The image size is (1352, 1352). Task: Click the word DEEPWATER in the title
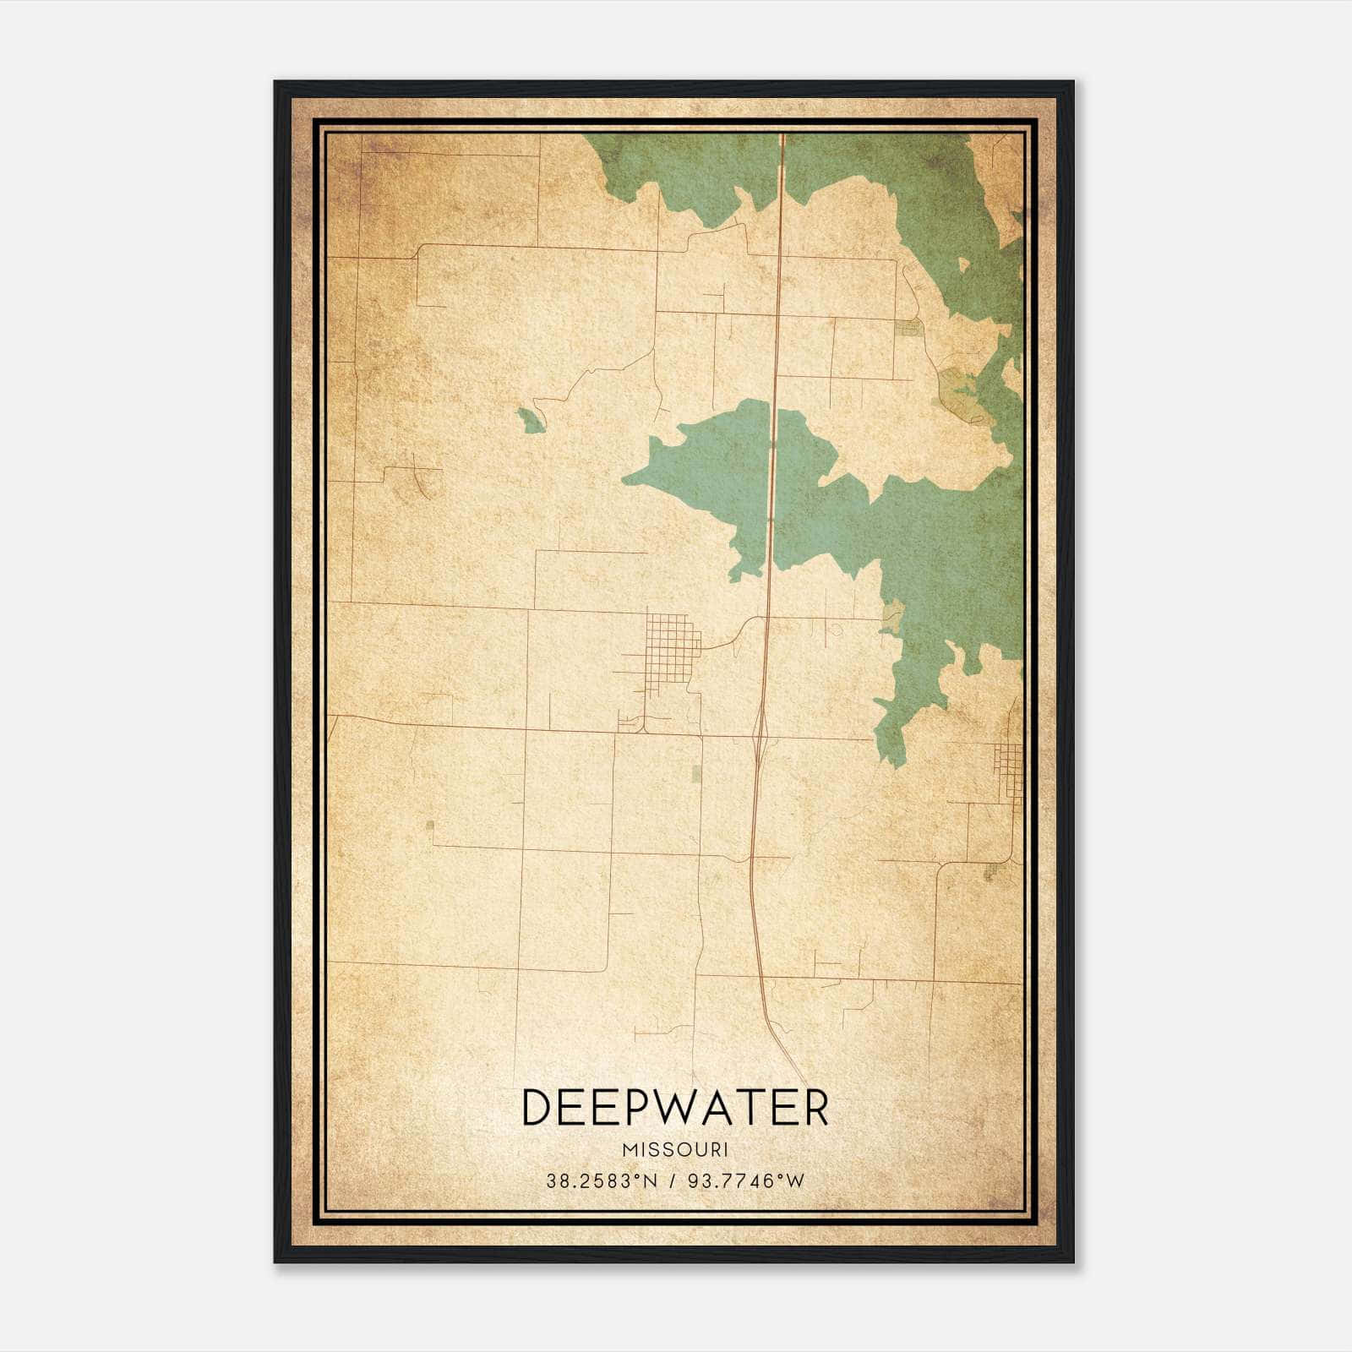tap(675, 1108)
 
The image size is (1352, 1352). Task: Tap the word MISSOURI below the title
tap(675, 1150)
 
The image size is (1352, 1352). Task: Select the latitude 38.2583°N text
tap(601, 1181)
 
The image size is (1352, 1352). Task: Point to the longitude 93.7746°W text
tap(747, 1181)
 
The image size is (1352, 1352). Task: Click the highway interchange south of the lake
tap(760, 730)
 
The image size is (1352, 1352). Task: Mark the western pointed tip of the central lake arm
tap(624, 479)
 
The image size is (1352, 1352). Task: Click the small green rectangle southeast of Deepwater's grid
tap(696, 773)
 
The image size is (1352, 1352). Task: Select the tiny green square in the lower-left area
tap(430, 825)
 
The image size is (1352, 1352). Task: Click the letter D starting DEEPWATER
tap(536, 1108)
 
